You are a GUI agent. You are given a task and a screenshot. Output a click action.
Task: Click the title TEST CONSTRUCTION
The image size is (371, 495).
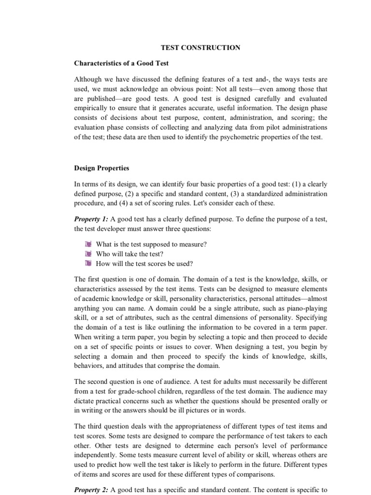click(x=200, y=47)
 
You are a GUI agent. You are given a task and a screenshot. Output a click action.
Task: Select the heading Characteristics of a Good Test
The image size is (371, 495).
click(x=121, y=63)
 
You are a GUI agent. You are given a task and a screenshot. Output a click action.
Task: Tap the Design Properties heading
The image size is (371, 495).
click(x=101, y=168)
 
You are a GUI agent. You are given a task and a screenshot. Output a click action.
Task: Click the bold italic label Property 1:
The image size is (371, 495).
click(x=91, y=219)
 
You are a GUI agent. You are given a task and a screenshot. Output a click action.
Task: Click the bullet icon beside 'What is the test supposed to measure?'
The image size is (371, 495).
click(x=87, y=244)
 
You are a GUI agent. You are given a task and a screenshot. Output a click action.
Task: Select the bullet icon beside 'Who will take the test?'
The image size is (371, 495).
click(x=87, y=254)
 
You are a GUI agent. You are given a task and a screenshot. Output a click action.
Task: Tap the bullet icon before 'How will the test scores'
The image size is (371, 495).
click(x=87, y=263)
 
